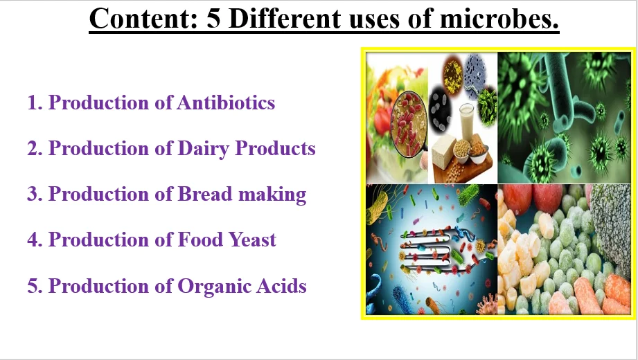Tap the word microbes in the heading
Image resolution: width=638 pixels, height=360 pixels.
pos(499,19)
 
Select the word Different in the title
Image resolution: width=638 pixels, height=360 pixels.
pos(285,19)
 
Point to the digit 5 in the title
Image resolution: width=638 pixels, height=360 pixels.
pos(213,19)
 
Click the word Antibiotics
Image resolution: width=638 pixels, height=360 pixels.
pos(226,102)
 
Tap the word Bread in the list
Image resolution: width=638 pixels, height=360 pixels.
pos(204,194)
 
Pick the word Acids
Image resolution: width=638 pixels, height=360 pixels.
pos(281,285)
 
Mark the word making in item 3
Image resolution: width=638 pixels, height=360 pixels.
pos(272,195)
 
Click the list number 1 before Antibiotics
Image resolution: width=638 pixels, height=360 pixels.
pos(35,102)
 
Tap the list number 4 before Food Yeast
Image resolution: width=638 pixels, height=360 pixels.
pos(35,239)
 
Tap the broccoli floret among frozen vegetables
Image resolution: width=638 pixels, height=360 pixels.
pos(612,227)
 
